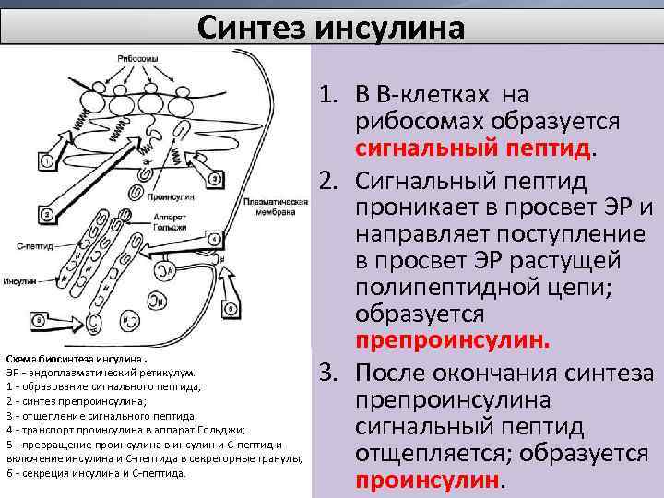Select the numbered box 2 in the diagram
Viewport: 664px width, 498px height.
click(46, 215)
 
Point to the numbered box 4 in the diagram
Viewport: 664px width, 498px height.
click(213, 239)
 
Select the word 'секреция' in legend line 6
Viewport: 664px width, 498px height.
click(40, 473)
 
